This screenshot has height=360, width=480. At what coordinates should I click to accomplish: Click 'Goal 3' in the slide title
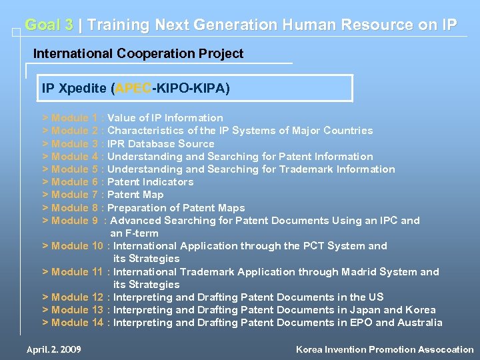pos(49,25)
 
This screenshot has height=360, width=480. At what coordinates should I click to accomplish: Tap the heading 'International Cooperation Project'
pos(138,53)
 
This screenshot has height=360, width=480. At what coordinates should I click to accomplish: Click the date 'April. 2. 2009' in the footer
pos(54,349)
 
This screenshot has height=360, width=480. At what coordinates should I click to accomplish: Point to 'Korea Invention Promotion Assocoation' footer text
pos(385,349)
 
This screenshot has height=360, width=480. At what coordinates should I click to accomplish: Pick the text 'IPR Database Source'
pos(161,144)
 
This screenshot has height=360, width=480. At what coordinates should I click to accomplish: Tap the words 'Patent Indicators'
pos(150,182)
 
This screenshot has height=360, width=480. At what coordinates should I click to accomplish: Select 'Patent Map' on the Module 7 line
pos(135,195)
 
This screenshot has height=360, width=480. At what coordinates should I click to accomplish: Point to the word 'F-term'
pos(141,233)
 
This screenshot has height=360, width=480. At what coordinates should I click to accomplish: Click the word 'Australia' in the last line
pos(419,323)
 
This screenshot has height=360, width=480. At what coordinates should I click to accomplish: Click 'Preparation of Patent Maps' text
pos(176,208)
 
